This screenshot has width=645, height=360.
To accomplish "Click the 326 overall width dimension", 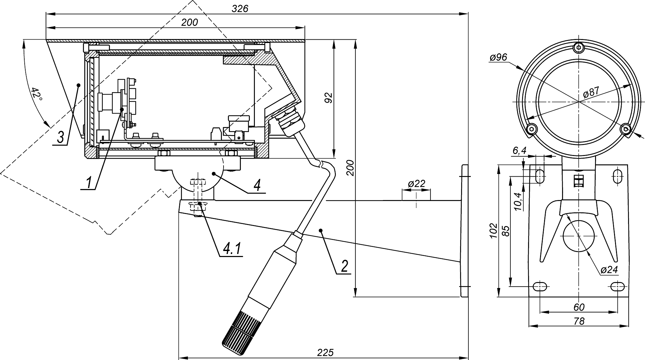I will click(x=240, y=9).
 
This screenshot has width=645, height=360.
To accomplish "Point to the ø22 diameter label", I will click(x=416, y=184).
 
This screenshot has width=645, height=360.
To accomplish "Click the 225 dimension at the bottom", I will click(x=325, y=352).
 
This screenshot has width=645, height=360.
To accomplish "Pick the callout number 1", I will click(x=89, y=182).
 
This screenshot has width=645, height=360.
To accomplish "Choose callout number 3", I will click(x=60, y=137).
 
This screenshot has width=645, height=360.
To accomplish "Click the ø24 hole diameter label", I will click(x=609, y=270).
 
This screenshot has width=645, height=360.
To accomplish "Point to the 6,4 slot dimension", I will click(x=519, y=151).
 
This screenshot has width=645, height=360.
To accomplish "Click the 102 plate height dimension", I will click(x=494, y=230).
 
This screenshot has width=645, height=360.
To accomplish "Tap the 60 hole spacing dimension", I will click(x=579, y=307).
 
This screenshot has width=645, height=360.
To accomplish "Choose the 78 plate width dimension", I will click(x=579, y=321).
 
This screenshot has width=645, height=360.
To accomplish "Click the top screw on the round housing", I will click(x=579, y=47).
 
